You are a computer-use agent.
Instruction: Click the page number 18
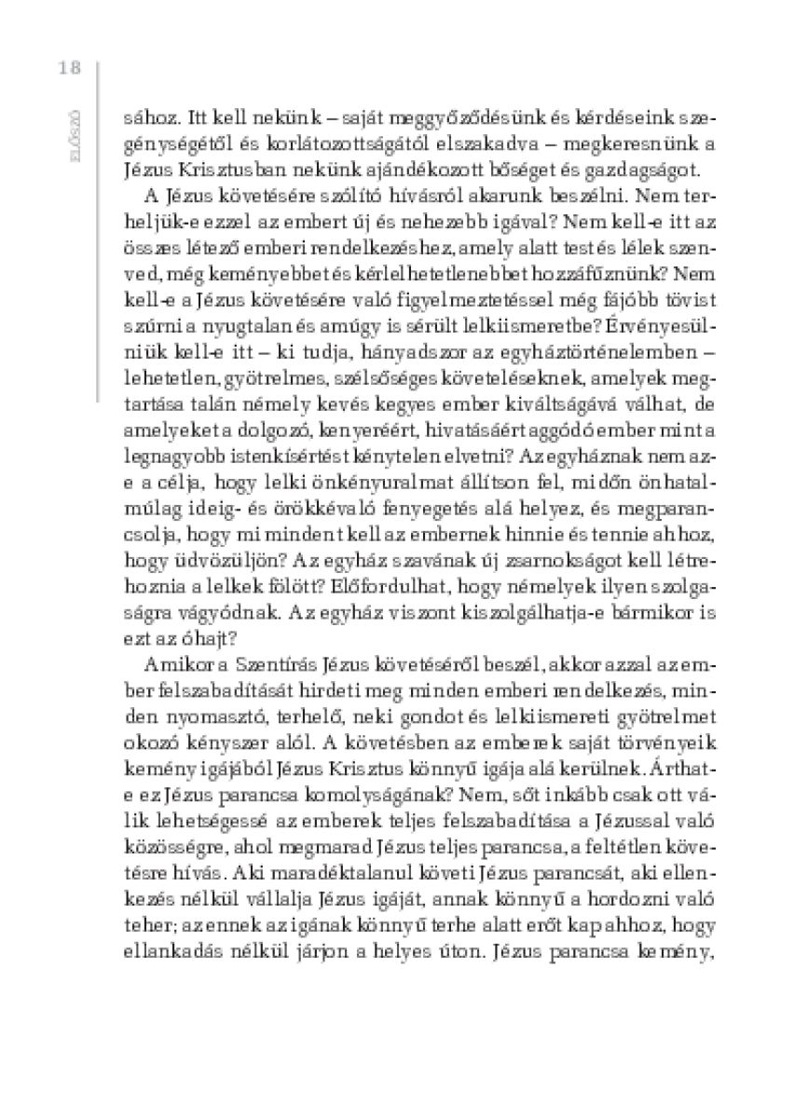coord(69,67)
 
